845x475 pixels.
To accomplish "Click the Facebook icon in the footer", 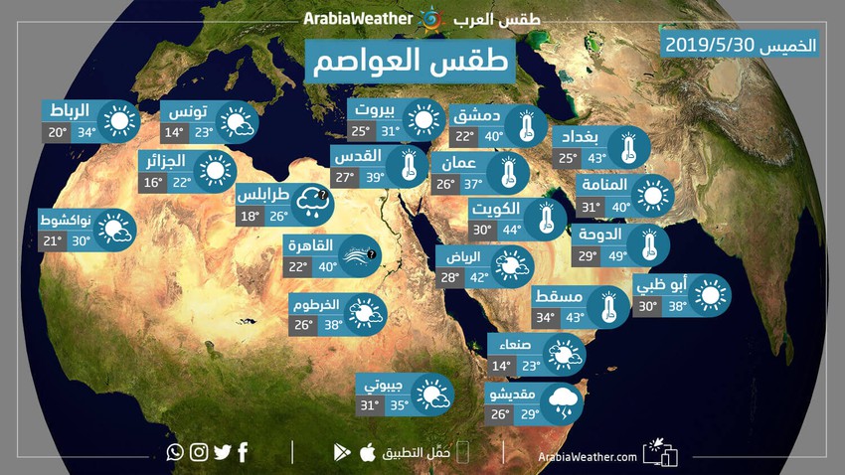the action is pyautogui.click(x=243, y=452).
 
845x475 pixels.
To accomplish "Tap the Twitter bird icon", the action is pyautogui.click(x=222, y=452).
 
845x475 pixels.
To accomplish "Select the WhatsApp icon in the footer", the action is pyautogui.click(x=176, y=452).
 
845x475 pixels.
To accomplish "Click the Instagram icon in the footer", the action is pyautogui.click(x=199, y=452).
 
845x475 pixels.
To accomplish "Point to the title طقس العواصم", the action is pyautogui.click(x=422, y=61).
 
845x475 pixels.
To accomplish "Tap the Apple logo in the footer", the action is pyautogui.click(x=367, y=453).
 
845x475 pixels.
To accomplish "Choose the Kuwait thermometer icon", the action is pyautogui.click(x=545, y=218).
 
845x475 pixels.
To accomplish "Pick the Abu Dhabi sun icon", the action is pyautogui.click(x=710, y=294).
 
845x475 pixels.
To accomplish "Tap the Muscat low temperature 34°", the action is pyautogui.click(x=546, y=318).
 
